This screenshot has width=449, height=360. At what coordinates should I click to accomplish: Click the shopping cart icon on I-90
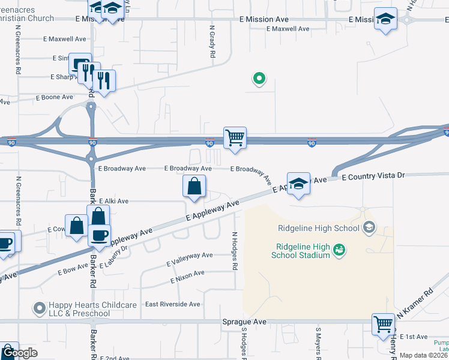coord(235,137)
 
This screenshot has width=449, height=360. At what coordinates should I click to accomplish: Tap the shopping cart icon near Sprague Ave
coord(383,324)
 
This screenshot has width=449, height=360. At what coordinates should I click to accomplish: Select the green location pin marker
coord(259,78)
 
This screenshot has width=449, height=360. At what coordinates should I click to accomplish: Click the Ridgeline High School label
coord(319,227)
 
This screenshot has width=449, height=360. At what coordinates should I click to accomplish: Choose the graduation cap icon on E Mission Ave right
coord(385,18)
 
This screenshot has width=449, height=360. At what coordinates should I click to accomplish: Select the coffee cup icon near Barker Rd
coord(99,234)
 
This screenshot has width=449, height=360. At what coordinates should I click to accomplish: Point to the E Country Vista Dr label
coord(373,176)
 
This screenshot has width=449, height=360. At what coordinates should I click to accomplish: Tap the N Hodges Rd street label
coord(235,251)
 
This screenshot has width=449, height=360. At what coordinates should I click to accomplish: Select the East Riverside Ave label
coord(172,304)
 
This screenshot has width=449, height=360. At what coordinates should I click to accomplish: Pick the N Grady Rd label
coord(212,41)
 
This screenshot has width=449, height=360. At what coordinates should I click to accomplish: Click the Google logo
coord(19,353)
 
